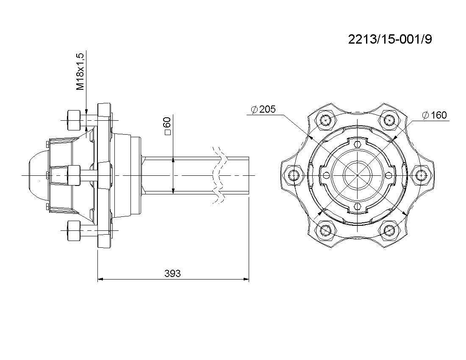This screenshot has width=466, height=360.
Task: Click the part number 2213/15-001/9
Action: click(x=390, y=39)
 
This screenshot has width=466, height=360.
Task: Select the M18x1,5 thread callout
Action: click(x=80, y=72)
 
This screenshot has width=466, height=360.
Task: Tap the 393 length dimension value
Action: click(x=172, y=273)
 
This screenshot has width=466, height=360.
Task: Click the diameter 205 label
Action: click(x=264, y=109)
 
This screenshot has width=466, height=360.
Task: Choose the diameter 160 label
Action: click(x=434, y=115)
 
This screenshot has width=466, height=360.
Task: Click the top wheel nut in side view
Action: click(x=73, y=120)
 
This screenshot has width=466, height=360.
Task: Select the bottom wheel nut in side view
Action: click(x=73, y=230)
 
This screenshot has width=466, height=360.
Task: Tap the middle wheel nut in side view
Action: click(x=74, y=175)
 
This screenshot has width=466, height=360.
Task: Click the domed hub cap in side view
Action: click(x=38, y=175)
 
